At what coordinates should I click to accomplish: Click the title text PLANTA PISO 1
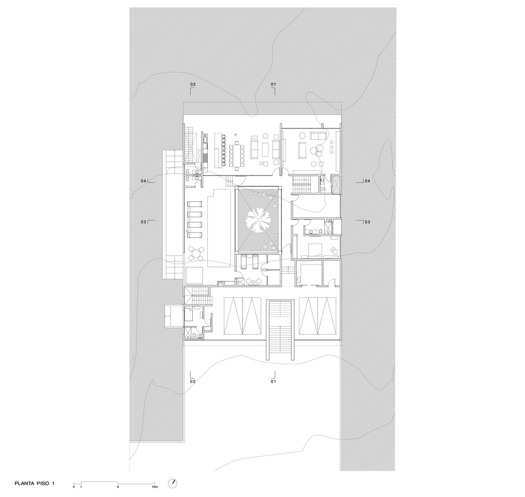(34, 483)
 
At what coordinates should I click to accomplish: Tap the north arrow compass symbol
(173, 483)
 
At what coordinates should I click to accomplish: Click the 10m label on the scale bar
(154, 487)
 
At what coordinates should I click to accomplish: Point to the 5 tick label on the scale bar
(118, 487)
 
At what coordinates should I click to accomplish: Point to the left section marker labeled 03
(147, 222)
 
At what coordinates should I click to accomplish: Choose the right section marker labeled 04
(363, 181)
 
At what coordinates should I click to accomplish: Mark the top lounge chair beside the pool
(194, 204)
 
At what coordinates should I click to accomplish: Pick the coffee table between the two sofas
(267, 150)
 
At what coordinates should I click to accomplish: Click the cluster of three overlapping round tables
(317, 150)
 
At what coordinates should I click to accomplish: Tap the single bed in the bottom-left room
(188, 315)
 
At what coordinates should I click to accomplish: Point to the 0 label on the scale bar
(74, 487)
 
